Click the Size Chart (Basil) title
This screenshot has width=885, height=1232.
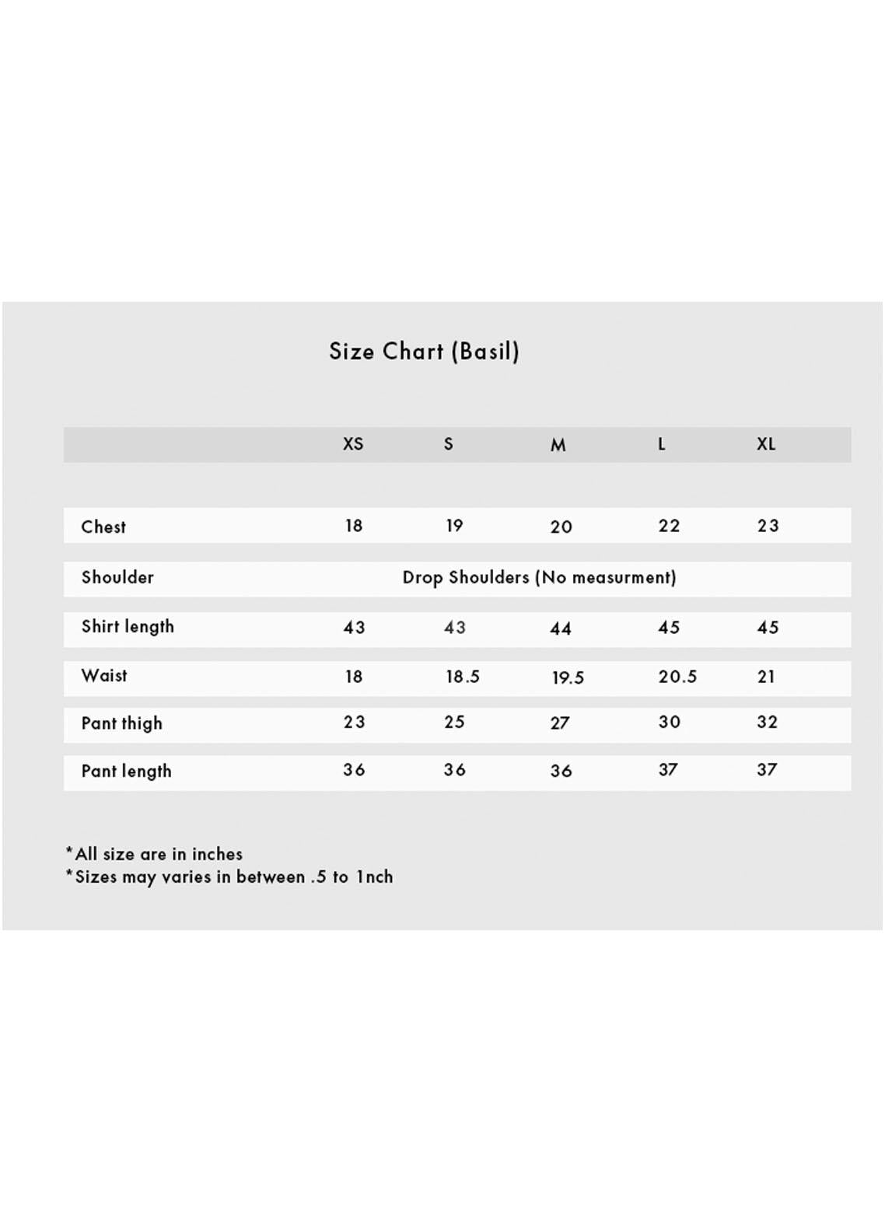[424, 352]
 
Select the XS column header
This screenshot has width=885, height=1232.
[353, 444]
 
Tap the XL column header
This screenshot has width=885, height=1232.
[766, 444]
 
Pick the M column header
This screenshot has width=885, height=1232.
[558, 445]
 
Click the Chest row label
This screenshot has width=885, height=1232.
[103, 527]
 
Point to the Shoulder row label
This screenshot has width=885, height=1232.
[117, 578]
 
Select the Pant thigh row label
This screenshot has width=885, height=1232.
[122, 724]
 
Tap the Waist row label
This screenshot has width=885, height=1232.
[104, 676]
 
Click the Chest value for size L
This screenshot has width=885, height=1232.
[669, 527]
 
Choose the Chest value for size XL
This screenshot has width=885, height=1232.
[768, 527]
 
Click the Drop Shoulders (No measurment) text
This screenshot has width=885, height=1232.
[539, 578]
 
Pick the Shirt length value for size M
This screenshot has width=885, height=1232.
[561, 628]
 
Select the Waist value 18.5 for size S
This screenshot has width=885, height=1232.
[462, 677]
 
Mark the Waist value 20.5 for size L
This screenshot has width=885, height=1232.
[677, 677]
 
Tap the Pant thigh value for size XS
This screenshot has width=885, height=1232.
[354, 723]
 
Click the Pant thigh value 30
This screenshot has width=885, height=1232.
[669, 723]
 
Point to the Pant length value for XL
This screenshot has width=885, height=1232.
[767, 770]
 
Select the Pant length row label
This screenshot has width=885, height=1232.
[126, 772]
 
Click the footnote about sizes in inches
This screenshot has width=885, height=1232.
[155, 854]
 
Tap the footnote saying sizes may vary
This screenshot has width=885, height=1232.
[229, 877]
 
